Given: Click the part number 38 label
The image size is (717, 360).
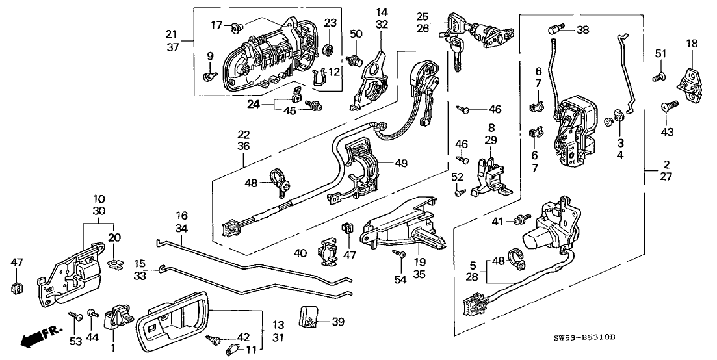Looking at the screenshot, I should (x=582, y=29).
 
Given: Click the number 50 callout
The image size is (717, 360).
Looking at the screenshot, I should (x=356, y=33).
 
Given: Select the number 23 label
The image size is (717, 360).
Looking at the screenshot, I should (x=330, y=23).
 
